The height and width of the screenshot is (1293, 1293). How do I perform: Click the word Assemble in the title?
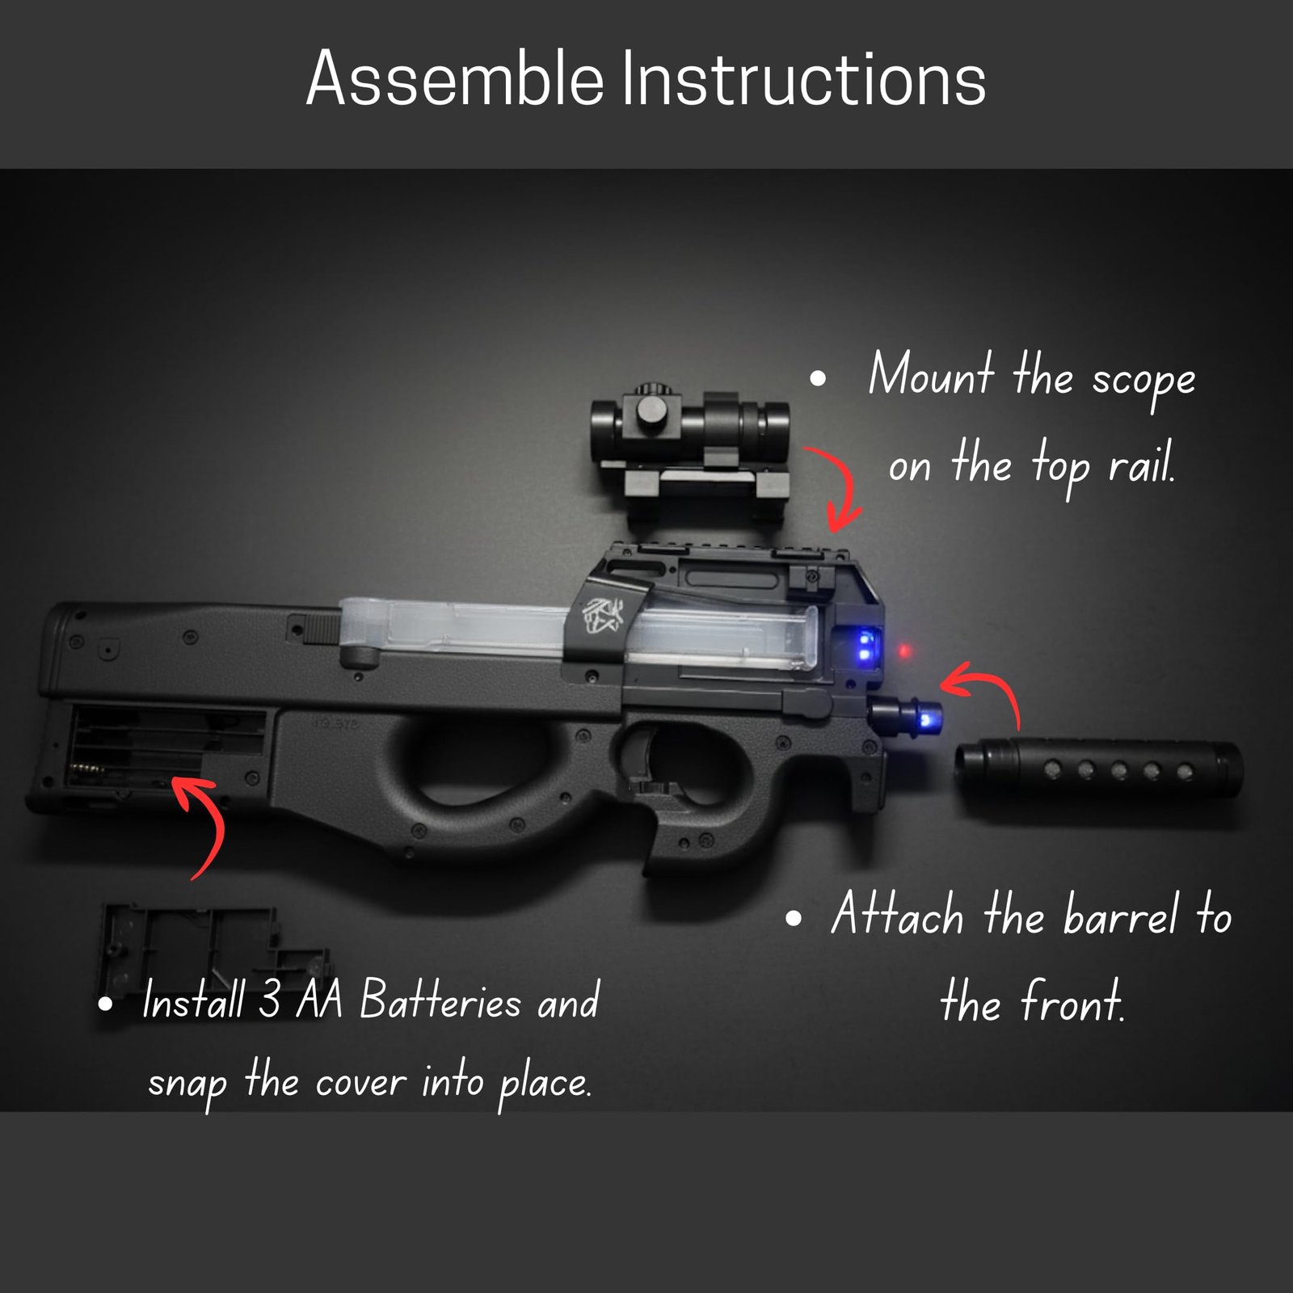pos(454,78)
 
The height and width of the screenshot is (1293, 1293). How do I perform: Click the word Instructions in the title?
pos(803,78)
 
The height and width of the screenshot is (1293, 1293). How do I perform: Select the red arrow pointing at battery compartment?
pos(202,824)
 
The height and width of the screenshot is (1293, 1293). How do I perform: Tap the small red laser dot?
pos(904,651)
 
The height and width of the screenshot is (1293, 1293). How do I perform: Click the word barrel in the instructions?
pos(1119,917)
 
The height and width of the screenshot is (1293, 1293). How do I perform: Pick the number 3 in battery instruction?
pos(269,1000)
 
